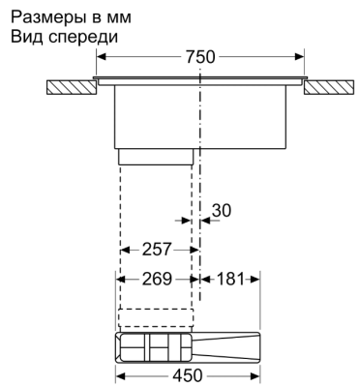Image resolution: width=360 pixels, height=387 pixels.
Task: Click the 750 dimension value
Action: [200, 57]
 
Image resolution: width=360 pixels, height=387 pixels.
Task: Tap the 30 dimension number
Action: [222, 210]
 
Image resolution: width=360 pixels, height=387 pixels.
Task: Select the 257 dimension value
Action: [156, 250]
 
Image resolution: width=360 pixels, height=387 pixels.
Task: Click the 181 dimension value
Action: [229, 280]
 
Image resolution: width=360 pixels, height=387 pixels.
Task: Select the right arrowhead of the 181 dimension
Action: [258, 280]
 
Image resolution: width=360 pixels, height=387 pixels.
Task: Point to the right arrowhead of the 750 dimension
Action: [305, 57]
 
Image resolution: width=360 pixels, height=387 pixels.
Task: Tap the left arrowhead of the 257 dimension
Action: [122, 250]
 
